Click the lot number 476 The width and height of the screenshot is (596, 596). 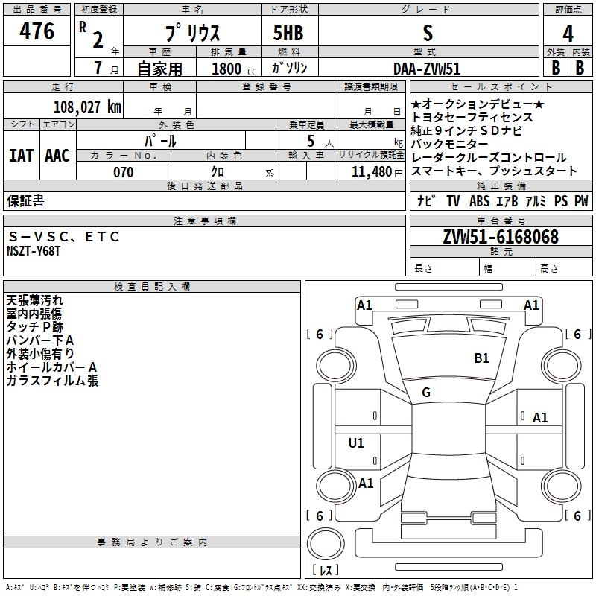click(37, 32)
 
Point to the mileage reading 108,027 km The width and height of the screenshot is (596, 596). click(87, 107)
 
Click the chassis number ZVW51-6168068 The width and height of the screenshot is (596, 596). click(500, 237)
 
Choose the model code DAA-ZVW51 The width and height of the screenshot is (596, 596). click(427, 68)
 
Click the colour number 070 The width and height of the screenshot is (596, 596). click(123, 172)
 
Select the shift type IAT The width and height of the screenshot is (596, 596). click(21, 156)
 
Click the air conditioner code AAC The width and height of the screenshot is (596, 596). click(57, 156)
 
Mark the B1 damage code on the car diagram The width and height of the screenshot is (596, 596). click(482, 358)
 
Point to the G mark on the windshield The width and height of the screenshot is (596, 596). click(426, 393)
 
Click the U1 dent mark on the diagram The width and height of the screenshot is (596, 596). click(356, 443)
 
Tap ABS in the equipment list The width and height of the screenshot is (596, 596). click(480, 201)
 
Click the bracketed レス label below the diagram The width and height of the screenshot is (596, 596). click(324, 570)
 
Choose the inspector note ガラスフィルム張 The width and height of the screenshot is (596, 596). click(52, 381)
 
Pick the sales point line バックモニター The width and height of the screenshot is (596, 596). click(450, 144)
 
